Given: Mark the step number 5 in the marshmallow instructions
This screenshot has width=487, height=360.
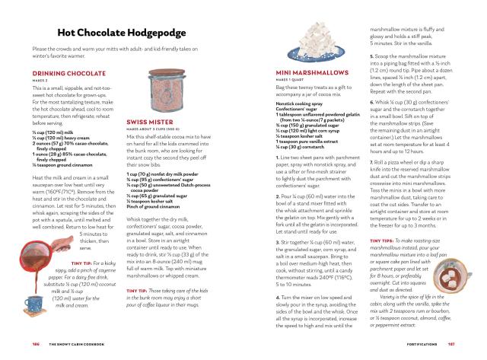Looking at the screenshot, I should (371, 56).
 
